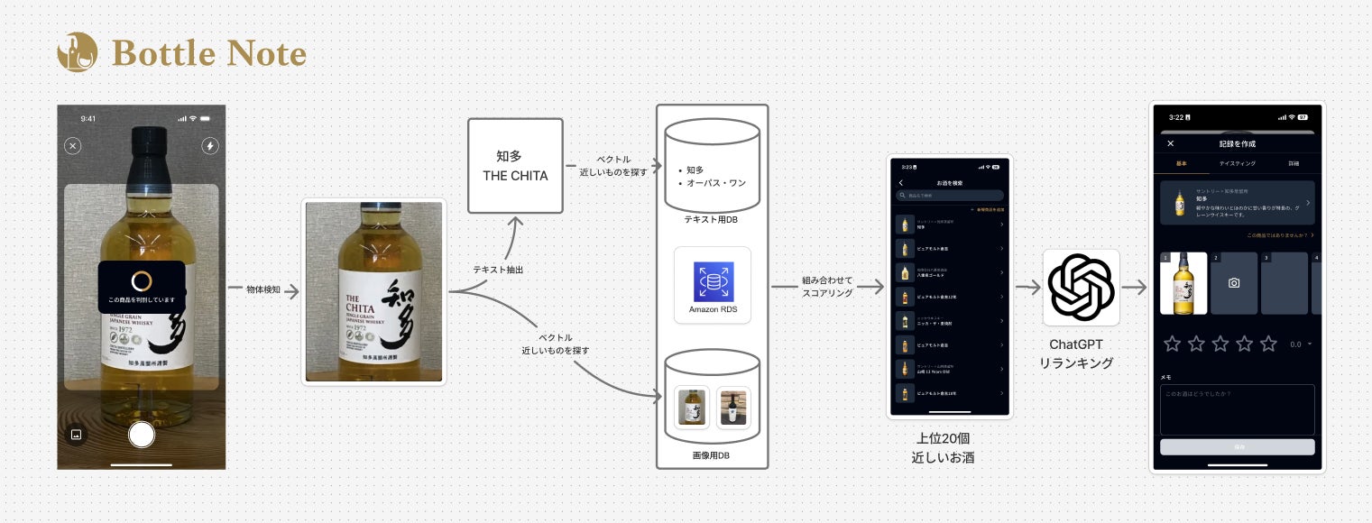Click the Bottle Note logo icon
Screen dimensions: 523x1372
(x=77, y=52)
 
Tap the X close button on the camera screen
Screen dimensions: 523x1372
(x=73, y=146)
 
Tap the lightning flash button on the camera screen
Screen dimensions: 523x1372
(x=209, y=146)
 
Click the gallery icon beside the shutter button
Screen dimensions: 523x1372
(x=77, y=434)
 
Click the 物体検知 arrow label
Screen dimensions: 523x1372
(x=262, y=289)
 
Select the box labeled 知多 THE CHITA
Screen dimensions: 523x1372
(x=515, y=166)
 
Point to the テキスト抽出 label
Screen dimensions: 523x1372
(x=498, y=270)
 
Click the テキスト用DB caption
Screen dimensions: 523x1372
(x=712, y=218)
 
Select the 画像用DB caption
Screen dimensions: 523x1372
(x=711, y=456)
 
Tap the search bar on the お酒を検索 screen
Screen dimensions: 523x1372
(x=950, y=195)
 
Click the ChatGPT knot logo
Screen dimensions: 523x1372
(x=1081, y=288)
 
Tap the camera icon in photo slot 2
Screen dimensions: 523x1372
(x=1234, y=283)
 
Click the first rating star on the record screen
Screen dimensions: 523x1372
(x=1173, y=344)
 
